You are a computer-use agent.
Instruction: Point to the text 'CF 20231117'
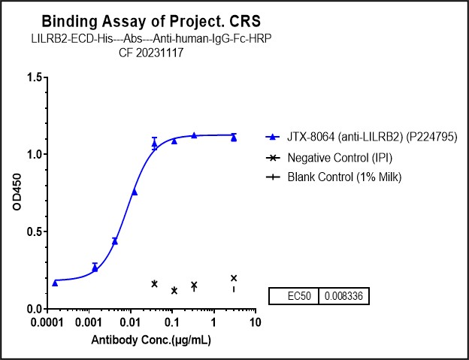pos(152,53)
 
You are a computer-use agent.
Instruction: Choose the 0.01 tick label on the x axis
pos(130,324)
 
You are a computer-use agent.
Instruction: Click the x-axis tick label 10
pos(255,324)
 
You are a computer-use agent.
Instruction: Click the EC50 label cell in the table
pos(294,297)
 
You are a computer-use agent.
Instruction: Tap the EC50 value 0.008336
pos(343,297)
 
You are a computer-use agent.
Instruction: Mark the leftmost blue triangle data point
pos(55,283)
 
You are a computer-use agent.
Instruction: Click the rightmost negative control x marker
pos(234,278)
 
